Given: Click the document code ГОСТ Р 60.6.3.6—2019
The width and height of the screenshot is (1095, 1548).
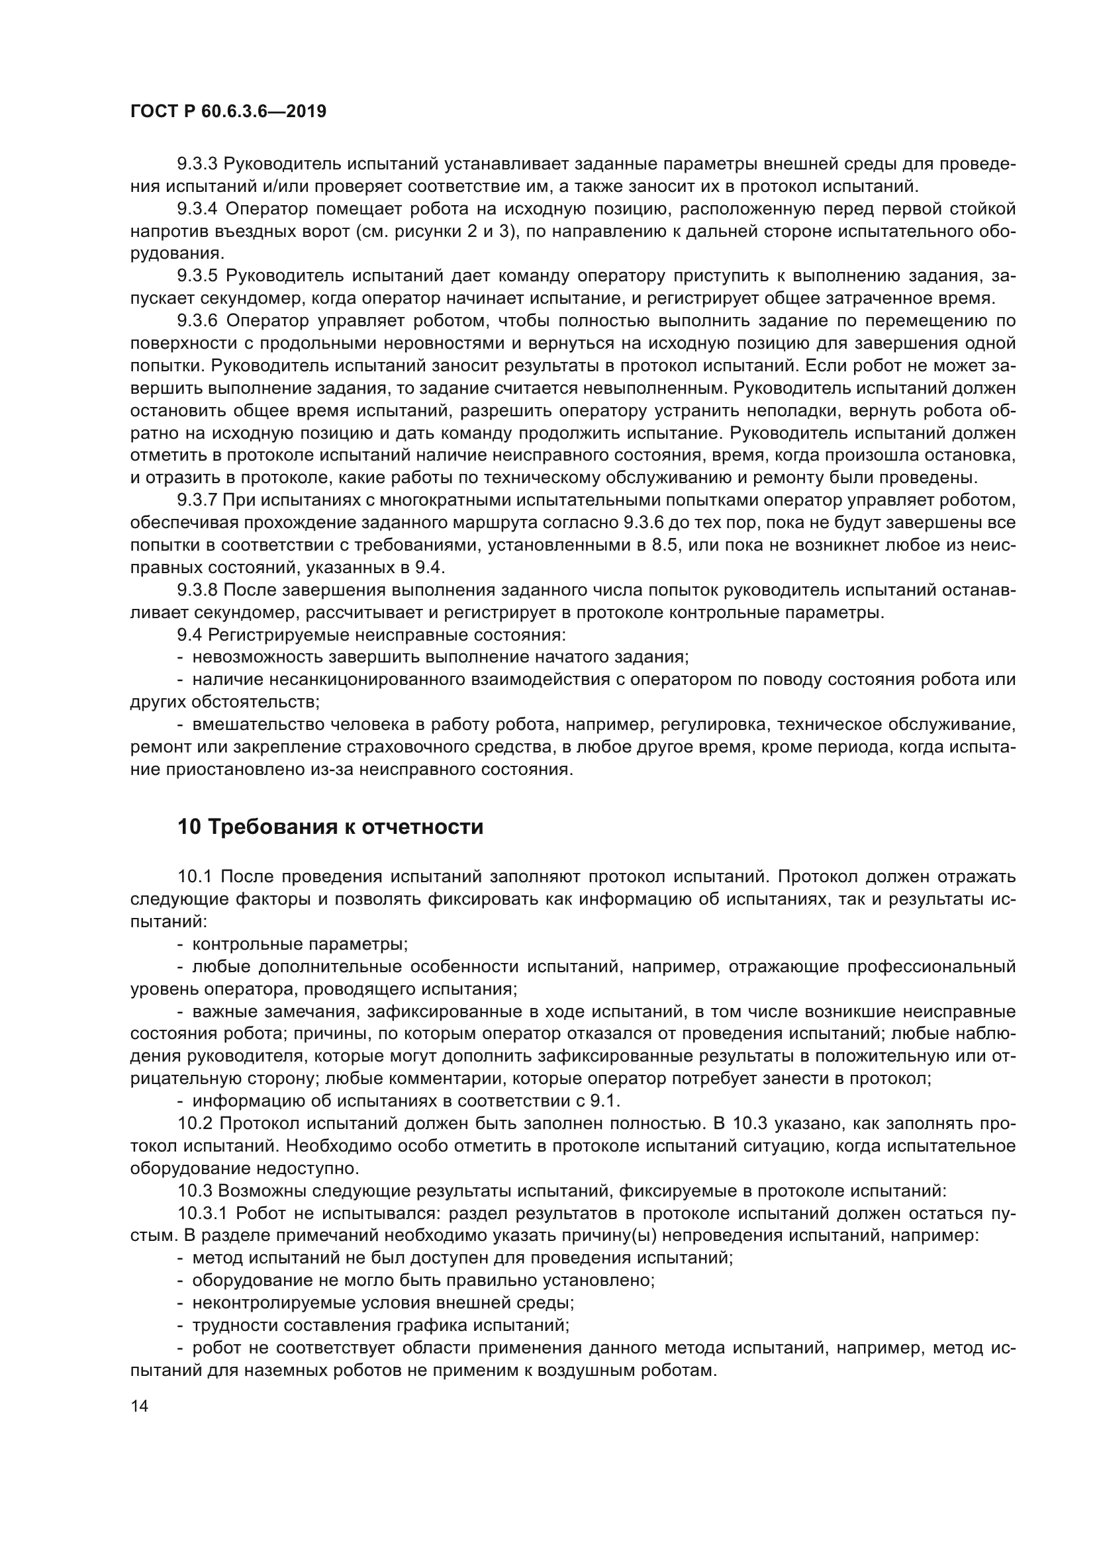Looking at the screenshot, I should [228, 111].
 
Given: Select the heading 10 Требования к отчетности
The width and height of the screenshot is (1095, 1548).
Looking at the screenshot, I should [330, 827].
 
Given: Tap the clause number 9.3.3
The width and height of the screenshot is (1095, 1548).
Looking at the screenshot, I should [197, 164].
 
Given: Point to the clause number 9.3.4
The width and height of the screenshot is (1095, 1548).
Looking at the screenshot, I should [197, 209].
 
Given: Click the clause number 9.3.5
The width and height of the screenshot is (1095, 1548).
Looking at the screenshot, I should [197, 276].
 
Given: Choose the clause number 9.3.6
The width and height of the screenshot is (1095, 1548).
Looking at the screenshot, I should [197, 320].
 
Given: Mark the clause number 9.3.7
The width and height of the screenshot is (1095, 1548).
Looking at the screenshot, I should [197, 500].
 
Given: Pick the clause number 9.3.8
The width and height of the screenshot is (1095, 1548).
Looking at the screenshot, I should [197, 590].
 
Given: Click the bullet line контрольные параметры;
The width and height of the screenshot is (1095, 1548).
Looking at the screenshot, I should [300, 944].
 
